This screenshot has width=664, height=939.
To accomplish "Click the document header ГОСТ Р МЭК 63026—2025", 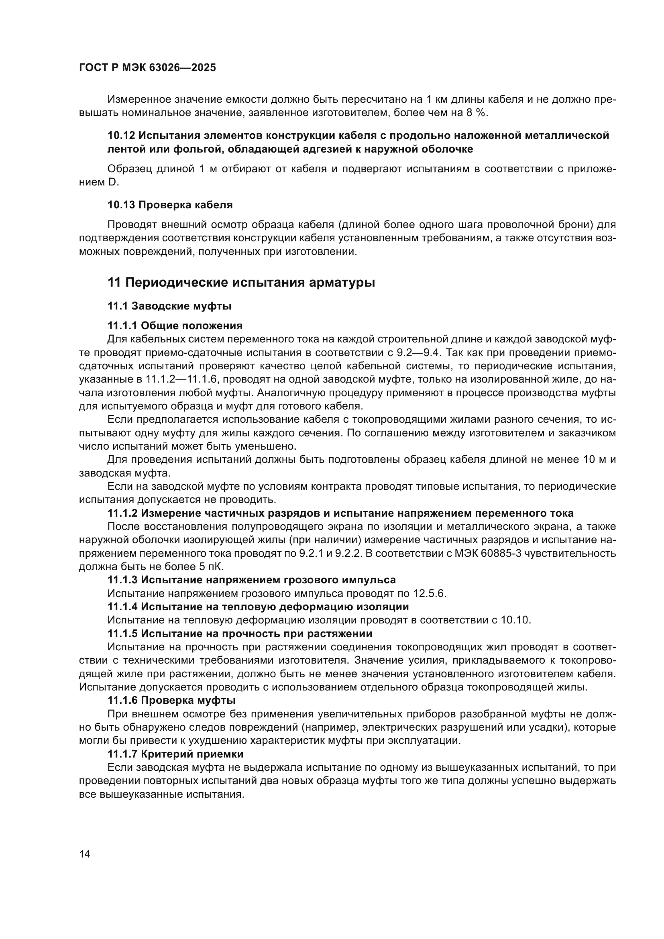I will coord(147,68).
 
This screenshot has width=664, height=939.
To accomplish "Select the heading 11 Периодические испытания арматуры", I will coord(241,282).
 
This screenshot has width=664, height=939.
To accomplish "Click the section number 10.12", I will coord(121,135).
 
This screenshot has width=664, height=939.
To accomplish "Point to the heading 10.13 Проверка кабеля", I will coord(170,205).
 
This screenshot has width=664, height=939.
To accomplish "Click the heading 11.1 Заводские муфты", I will coord(169,306).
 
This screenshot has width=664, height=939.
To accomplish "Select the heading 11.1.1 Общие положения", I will coord(175,326).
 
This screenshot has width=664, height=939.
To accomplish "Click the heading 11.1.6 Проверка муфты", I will coord(171,701).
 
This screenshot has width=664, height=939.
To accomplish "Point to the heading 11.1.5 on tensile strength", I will coord(240,633).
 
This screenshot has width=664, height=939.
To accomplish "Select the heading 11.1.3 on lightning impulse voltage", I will coord(251,580).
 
